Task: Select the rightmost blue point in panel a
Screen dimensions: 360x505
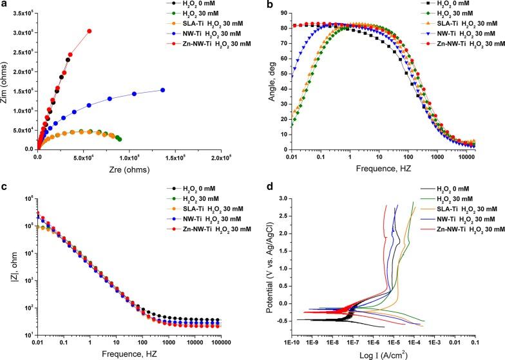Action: (162, 90)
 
